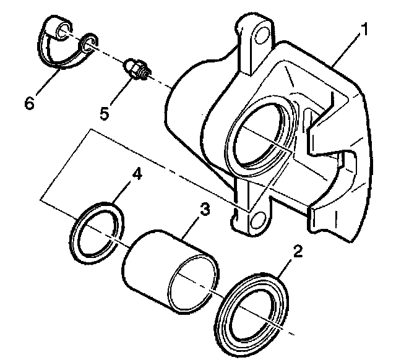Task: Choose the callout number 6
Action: coord(29,103)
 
